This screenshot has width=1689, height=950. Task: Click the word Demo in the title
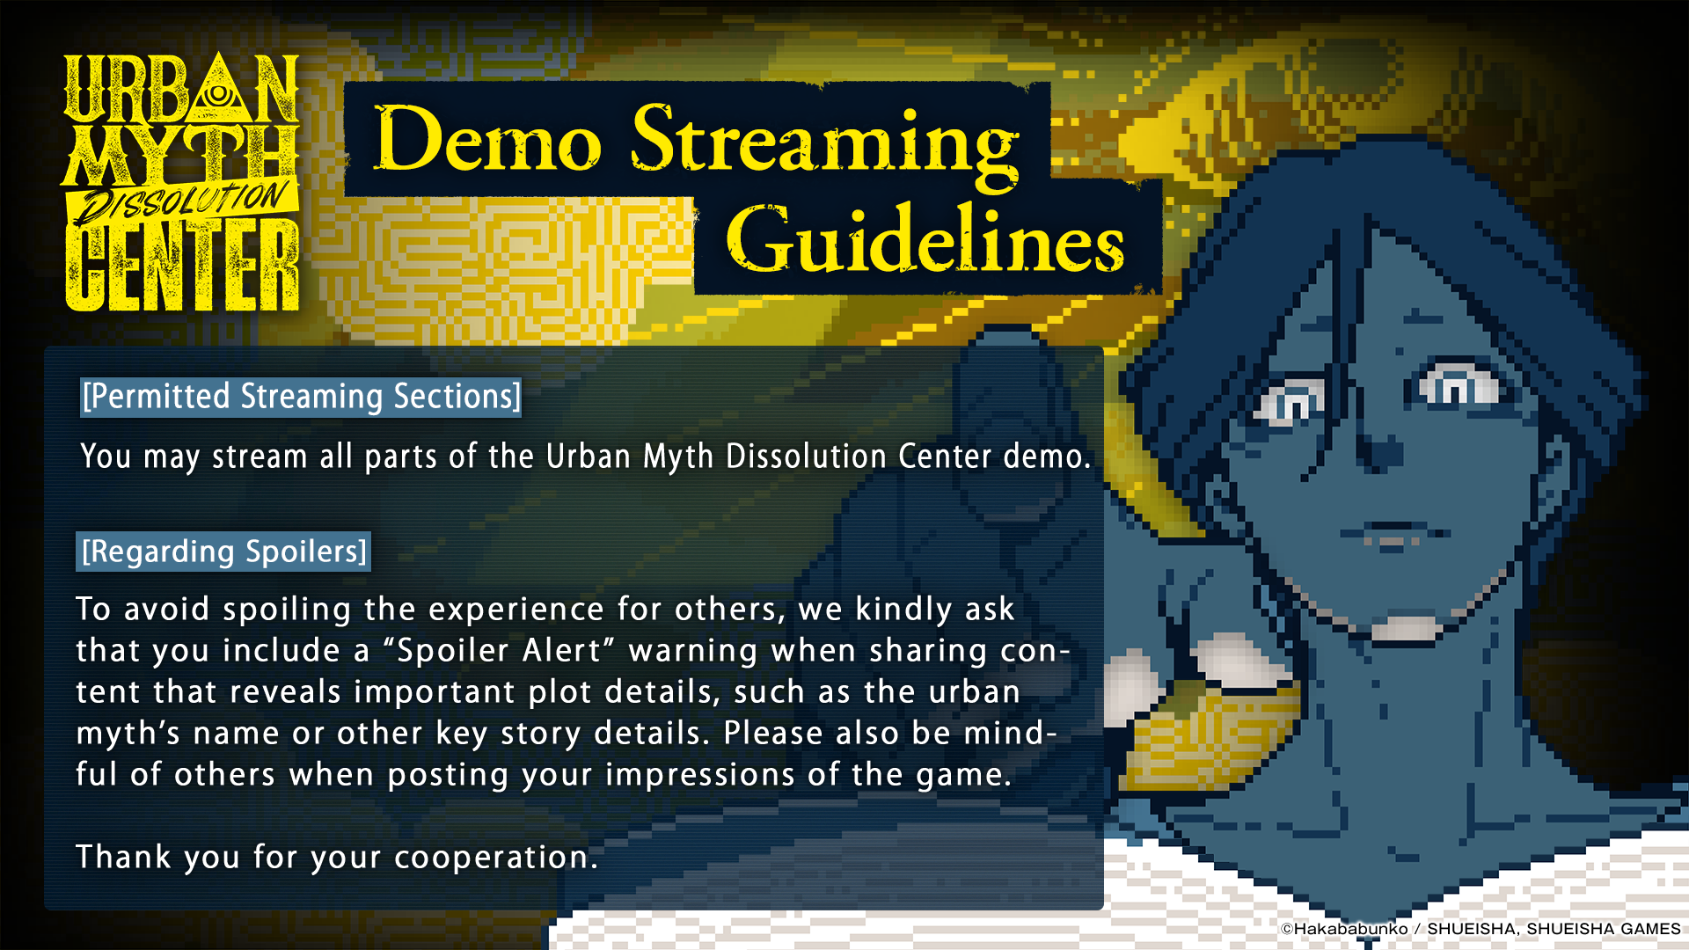pyautogui.click(x=488, y=139)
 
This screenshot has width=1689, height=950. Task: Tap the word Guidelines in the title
pyautogui.click(x=925, y=239)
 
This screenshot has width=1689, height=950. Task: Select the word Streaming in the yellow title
pyautogui.click(x=825, y=145)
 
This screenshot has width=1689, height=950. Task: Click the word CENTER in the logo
pyautogui.click(x=182, y=265)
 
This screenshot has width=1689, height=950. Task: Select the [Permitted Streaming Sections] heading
pyautogui.click(x=301, y=397)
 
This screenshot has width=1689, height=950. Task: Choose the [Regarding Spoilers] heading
pyautogui.click(x=223, y=552)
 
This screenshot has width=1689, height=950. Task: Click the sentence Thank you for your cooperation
pyautogui.click(x=337, y=857)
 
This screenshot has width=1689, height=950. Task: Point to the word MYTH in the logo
pyautogui.click(x=181, y=155)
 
